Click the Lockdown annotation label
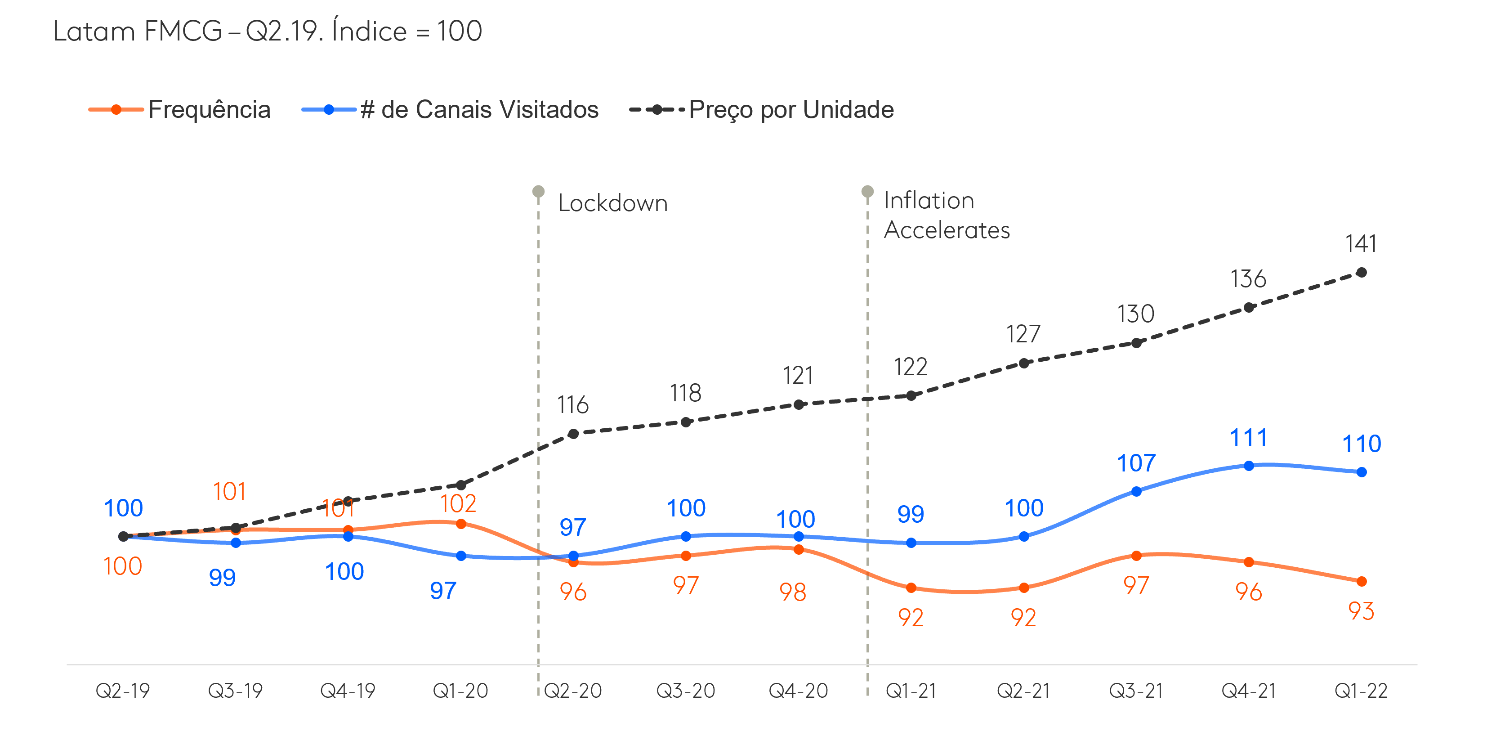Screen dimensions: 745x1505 click(x=612, y=203)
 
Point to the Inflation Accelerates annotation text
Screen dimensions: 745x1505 click(x=946, y=215)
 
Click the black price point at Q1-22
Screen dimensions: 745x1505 click(x=1361, y=272)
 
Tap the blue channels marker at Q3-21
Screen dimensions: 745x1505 click(x=1136, y=491)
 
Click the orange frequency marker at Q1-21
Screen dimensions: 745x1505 click(x=911, y=588)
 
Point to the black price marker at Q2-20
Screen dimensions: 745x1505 click(x=574, y=434)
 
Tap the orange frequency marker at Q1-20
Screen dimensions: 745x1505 click(x=461, y=524)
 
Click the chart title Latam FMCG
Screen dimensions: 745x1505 click(x=268, y=31)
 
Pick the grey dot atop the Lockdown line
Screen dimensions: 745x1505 click(x=539, y=192)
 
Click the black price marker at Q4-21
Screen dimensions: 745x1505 click(x=1249, y=307)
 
